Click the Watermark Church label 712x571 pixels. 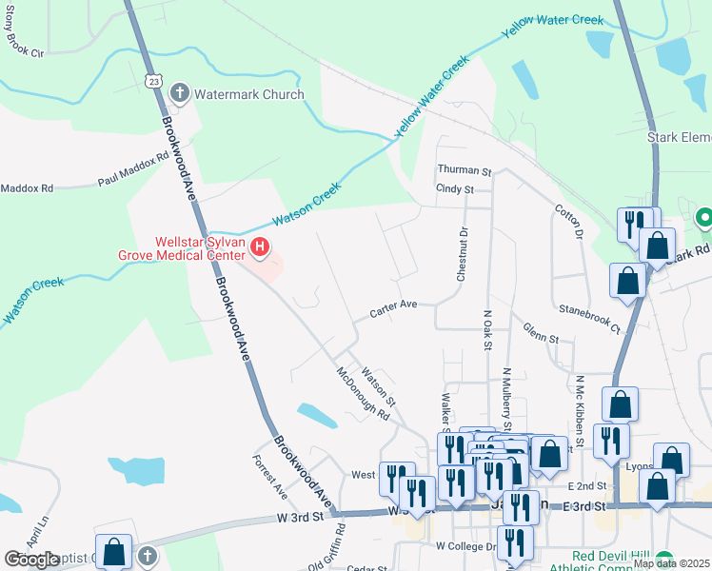[x=249, y=94]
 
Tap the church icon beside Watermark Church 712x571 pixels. [x=179, y=93]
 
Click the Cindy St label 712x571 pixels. [x=454, y=189]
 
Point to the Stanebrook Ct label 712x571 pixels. [x=589, y=319]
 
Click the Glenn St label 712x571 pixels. [x=540, y=332]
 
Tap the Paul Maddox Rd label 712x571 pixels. [x=132, y=167]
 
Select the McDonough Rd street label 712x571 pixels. [x=364, y=395]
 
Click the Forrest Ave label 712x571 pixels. [x=269, y=478]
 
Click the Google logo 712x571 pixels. [x=32, y=560]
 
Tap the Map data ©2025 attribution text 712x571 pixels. [x=671, y=563]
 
